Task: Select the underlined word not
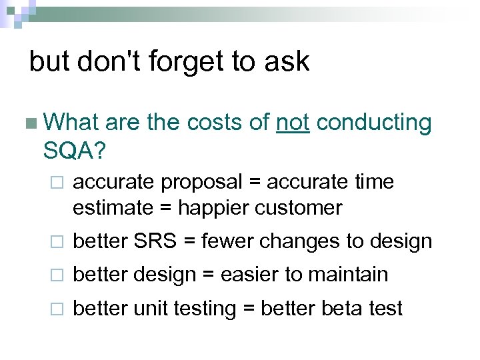292,123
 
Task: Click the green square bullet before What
29,124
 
